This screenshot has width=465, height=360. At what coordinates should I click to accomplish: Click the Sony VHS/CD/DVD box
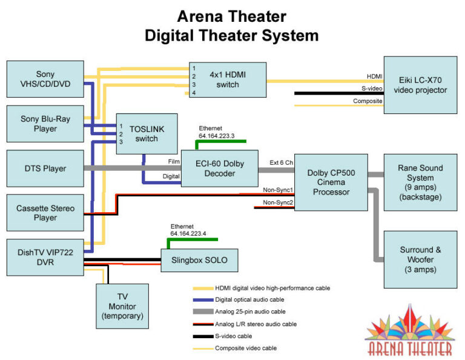tap(45, 79)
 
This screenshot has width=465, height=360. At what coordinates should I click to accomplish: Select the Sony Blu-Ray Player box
tap(45, 124)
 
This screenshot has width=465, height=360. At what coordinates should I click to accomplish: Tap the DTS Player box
tap(45, 168)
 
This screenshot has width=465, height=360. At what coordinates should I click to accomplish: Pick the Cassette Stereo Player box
tap(45, 213)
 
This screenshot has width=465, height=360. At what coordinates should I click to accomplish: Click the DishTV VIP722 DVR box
tap(45, 257)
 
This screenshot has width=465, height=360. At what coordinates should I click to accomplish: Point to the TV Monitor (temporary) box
tap(123, 306)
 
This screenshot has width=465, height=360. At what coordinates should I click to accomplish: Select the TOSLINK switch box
tap(147, 134)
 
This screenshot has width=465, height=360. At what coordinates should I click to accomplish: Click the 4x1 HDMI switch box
tap(228, 79)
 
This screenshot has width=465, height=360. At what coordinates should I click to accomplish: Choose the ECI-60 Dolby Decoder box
tap(219, 168)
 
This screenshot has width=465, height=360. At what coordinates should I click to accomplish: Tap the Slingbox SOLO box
tap(199, 261)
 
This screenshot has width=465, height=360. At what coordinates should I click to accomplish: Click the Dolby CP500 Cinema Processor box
tap(331, 182)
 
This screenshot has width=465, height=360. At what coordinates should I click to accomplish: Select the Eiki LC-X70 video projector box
tap(420, 85)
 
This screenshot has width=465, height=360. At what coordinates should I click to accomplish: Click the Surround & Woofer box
tap(420, 259)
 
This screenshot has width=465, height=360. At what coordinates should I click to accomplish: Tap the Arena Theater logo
tap(409, 332)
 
